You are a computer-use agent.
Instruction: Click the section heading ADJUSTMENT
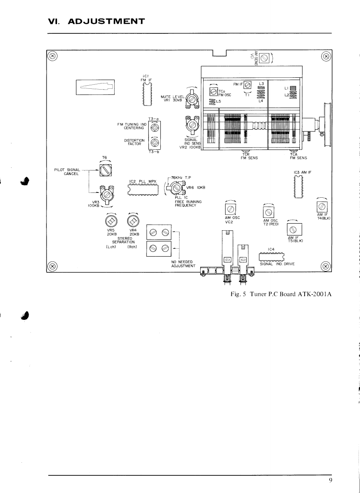click(106, 22)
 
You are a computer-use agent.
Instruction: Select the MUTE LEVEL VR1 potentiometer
click(191, 98)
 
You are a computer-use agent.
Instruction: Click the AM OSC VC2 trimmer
click(230, 209)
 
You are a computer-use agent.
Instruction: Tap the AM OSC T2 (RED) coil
click(268, 212)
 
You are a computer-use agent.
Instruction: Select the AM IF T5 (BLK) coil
click(294, 229)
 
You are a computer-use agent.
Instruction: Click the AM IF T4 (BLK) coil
click(322, 207)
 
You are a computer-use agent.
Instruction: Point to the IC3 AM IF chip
click(299, 186)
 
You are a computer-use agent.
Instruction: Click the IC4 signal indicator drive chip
click(271, 257)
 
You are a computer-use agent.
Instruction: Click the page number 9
click(330, 480)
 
